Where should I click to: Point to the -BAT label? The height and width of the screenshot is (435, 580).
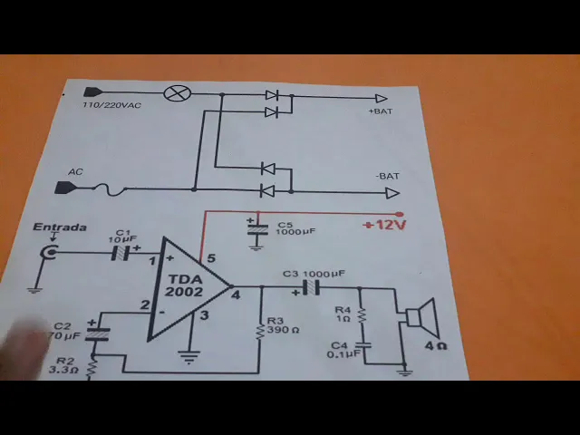(387, 176)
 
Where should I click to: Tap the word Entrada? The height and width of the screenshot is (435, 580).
(60, 227)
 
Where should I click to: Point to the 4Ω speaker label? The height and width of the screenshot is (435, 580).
(435, 345)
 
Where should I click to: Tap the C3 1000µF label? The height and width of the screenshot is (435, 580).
(314, 273)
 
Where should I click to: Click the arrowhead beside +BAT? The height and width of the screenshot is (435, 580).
(382, 99)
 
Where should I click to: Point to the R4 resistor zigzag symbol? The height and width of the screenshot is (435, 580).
(362, 315)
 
